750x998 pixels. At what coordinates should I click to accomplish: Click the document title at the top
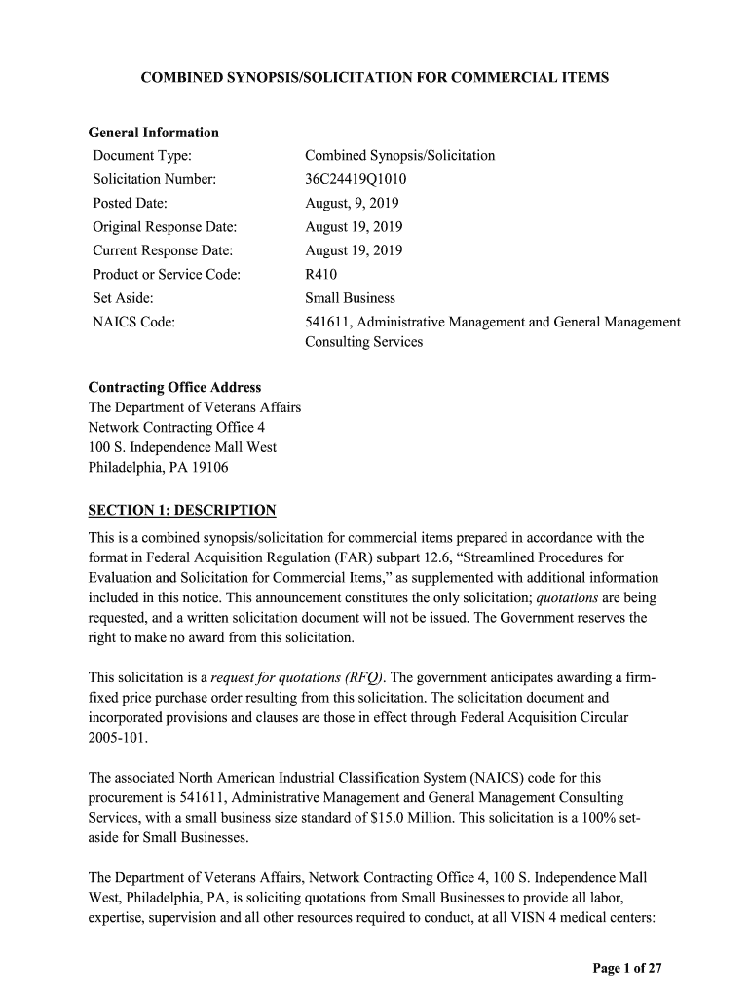(x=375, y=77)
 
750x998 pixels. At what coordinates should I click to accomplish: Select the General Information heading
(x=153, y=133)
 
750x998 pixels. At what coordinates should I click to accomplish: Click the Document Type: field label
(x=141, y=156)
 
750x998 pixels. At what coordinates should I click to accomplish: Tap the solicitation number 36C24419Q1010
(x=356, y=179)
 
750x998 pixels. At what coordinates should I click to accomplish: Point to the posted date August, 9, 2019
(x=352, y=204)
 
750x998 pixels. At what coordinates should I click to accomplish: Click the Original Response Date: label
(x=166, y=227)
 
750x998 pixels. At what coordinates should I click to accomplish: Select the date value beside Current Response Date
(x=354, y=250)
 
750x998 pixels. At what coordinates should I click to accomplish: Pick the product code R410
(x=321, y=275)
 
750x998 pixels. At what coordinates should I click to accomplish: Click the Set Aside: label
(x=123, y=298)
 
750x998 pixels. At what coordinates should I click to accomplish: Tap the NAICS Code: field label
(x=133, y=322)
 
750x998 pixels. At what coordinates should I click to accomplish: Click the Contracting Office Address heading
(x=174, y=388)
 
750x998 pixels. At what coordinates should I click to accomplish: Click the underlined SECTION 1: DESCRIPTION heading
(x=182, y=510)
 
